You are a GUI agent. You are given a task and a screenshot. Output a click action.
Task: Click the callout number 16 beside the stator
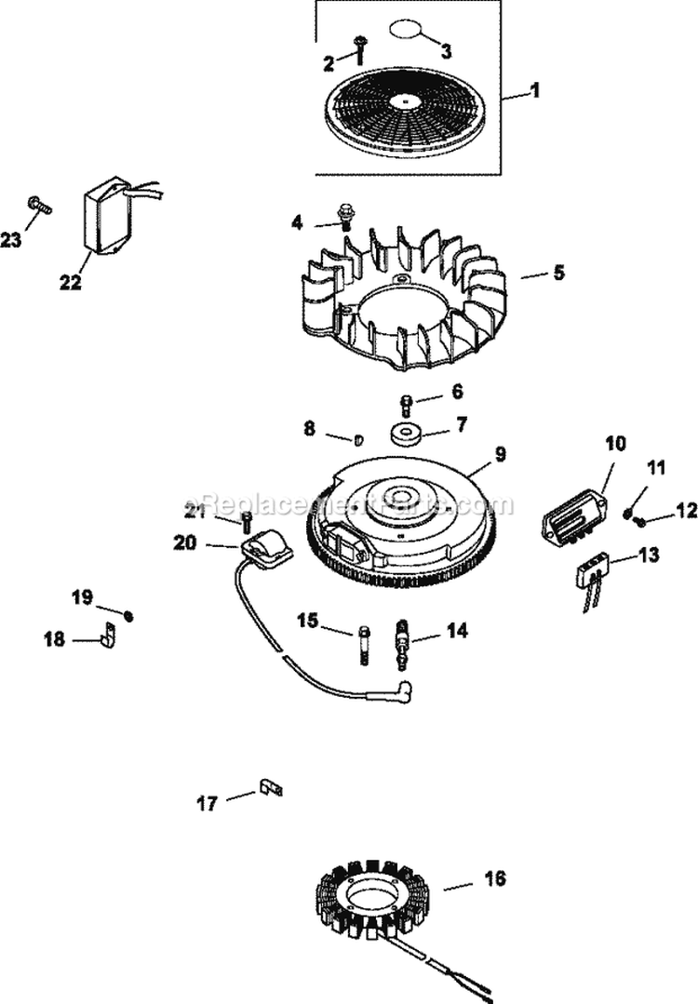click(x=495, y=878)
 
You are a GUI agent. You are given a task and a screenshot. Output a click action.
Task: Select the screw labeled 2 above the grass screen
click(x=360, y=46)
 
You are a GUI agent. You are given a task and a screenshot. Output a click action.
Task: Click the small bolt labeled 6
click(x=407, y=404)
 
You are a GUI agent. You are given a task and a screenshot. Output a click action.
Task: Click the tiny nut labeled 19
click(x=129, y=616)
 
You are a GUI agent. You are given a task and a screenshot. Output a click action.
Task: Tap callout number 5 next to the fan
click(x=558, y=274)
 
